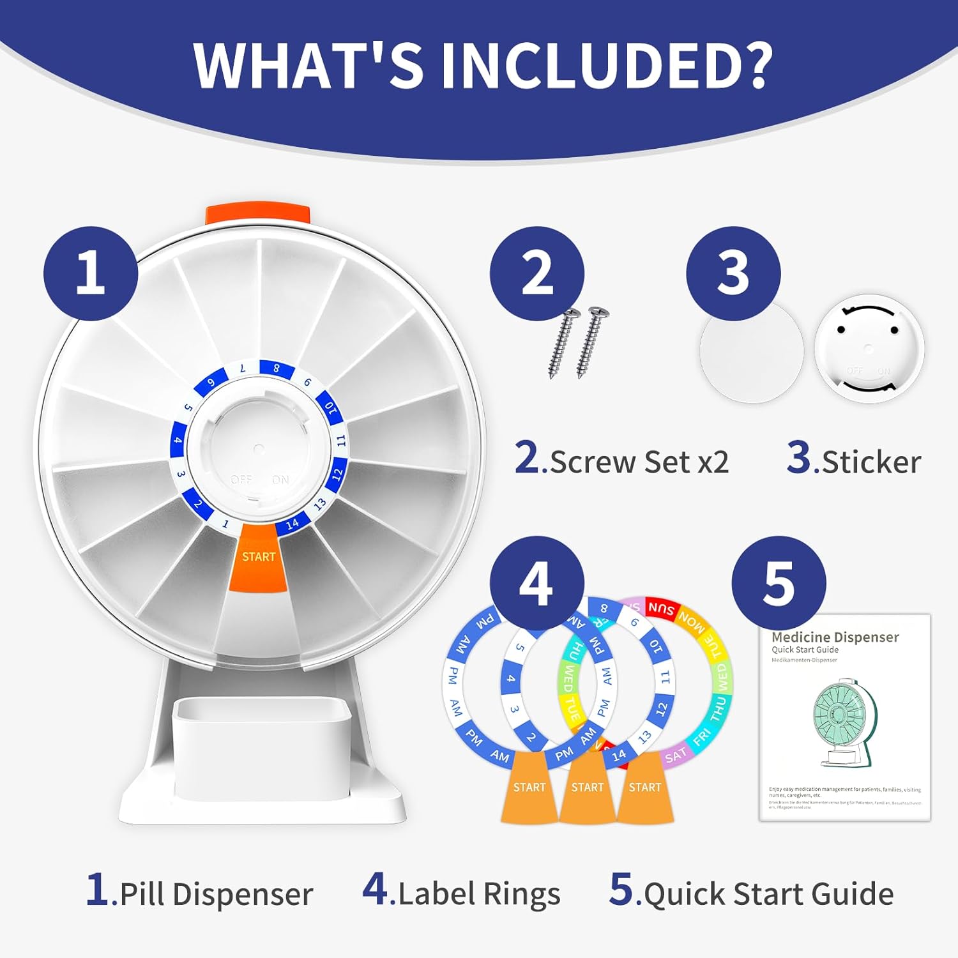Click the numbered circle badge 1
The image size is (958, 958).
(91, 273)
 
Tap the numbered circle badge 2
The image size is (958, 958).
(536, 273)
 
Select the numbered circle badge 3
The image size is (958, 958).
(733, 273)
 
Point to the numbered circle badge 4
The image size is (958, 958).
(536, 583)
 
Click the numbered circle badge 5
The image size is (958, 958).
(779, 583)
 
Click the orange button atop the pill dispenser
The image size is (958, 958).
(258, 215)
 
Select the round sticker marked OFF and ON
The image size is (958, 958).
(869, 349)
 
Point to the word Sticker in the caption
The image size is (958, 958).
(871, 462)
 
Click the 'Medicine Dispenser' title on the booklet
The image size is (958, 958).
(835, 637)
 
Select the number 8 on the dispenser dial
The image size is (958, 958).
(277, 369)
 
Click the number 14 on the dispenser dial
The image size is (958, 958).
(293, 524)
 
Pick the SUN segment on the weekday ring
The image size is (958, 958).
(660, 607)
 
